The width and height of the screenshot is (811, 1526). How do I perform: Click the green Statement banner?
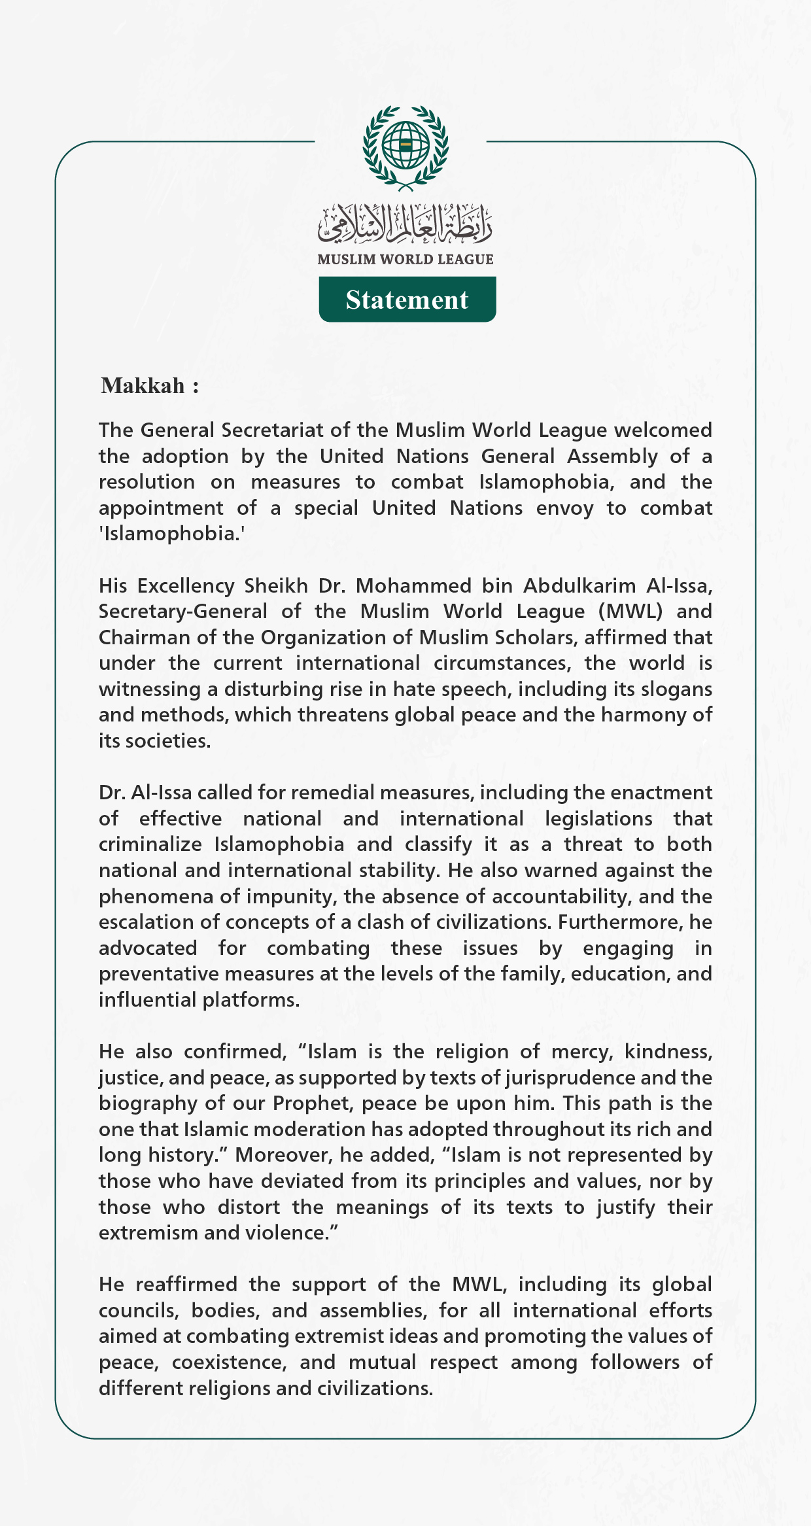click(x=407, y=300)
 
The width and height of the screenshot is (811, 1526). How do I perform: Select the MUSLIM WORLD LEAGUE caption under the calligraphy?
click(x=405, y=260)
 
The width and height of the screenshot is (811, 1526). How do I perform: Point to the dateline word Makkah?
click(x=143, y=386)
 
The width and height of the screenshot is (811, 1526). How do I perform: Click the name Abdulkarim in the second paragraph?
click(x=579, y=585)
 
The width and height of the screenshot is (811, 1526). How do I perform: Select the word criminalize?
click(x=150, y=844)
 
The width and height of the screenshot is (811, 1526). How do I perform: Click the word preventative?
click(x=159, y=974)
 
